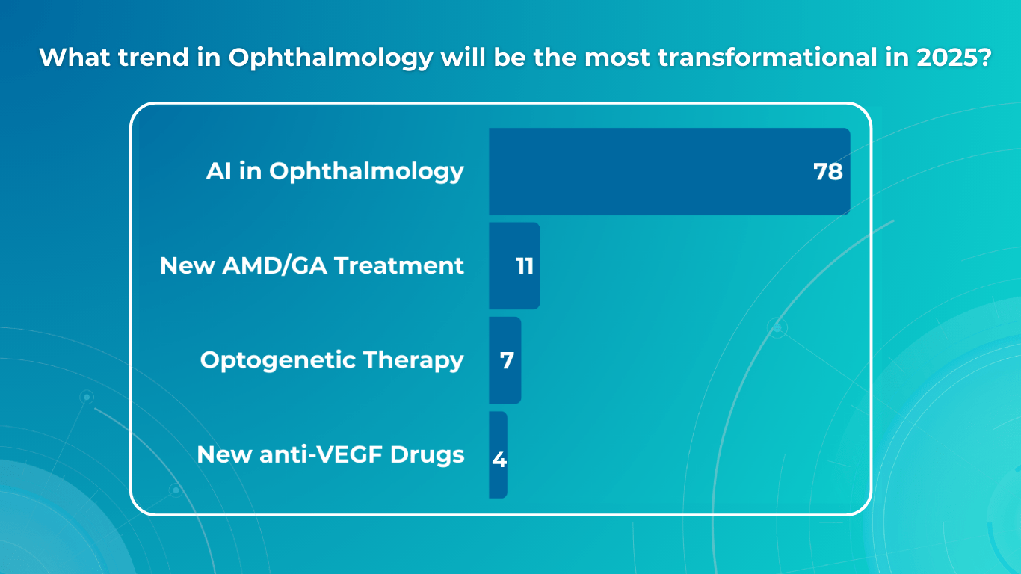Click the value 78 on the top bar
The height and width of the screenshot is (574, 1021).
click(827, 172)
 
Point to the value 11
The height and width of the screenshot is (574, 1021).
click(525, 267)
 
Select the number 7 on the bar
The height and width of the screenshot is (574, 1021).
click(507, 361)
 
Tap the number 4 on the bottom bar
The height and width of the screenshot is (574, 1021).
click(499, 460)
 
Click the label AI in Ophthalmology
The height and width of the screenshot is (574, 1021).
click(335, 171)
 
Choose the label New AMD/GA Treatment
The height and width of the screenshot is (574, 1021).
click(312, 265)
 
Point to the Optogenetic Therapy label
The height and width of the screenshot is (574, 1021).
click(332, 360)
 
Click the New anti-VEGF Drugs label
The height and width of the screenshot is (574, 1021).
click(330, 454)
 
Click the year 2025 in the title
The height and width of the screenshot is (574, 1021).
click(946, 58)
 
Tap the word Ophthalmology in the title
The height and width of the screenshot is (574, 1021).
click(330, 58)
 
